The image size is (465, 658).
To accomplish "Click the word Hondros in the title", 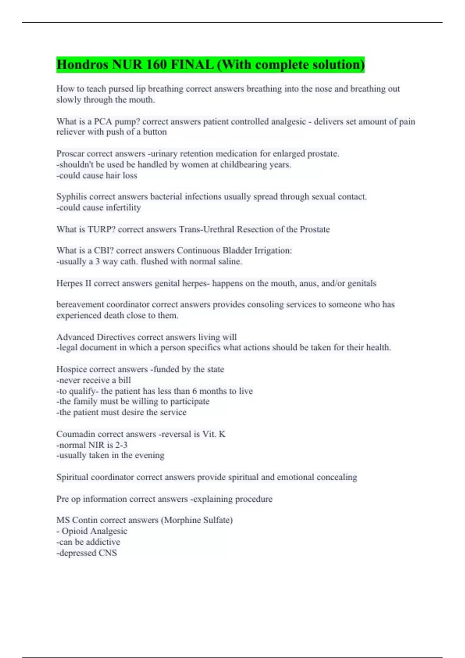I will pyautogui.click(x=83, y=65).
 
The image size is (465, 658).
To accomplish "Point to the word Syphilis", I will pyautogui.click(x=71, y=197).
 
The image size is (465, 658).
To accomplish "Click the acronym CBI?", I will pyautogui.click(x=103, y=250).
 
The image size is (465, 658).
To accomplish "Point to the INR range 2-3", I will pyautogui.click(x=121, y=445).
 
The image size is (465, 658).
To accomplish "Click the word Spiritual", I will pyautogui.click(x=72, y=477).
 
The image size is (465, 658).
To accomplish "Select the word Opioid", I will pyautogui.click(x=74, y=531).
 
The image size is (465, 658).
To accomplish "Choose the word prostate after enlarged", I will pyautogui.click(x=323, y=154).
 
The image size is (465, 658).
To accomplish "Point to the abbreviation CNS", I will pyautogui.click(x=107, y=553).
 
